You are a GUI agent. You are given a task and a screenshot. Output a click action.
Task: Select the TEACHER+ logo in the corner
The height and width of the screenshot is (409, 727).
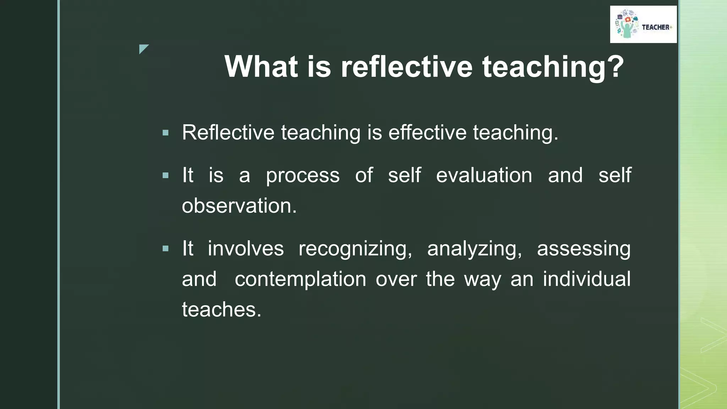[643, 24]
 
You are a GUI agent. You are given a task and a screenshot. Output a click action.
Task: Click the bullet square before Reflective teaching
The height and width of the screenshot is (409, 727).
[165, 133]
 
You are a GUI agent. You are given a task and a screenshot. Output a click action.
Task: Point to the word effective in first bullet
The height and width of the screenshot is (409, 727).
[427, 132]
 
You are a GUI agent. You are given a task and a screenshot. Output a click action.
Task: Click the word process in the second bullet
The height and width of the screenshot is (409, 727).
[302, 175]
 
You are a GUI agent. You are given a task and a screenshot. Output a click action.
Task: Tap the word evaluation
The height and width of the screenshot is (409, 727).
[484, 175]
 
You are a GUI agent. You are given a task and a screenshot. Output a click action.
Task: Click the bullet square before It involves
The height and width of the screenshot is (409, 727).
[165, 249]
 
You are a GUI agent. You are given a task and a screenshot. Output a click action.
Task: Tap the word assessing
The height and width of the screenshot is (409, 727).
[583, 249]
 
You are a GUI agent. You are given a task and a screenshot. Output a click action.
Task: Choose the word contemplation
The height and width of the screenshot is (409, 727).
[300, 279]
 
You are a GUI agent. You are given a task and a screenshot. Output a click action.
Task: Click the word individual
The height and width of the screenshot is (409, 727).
[586, 279]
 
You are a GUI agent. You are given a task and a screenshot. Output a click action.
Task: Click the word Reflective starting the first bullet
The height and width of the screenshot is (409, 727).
[228, 132]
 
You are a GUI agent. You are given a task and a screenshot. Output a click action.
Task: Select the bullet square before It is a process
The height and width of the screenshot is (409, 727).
[165, 175]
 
